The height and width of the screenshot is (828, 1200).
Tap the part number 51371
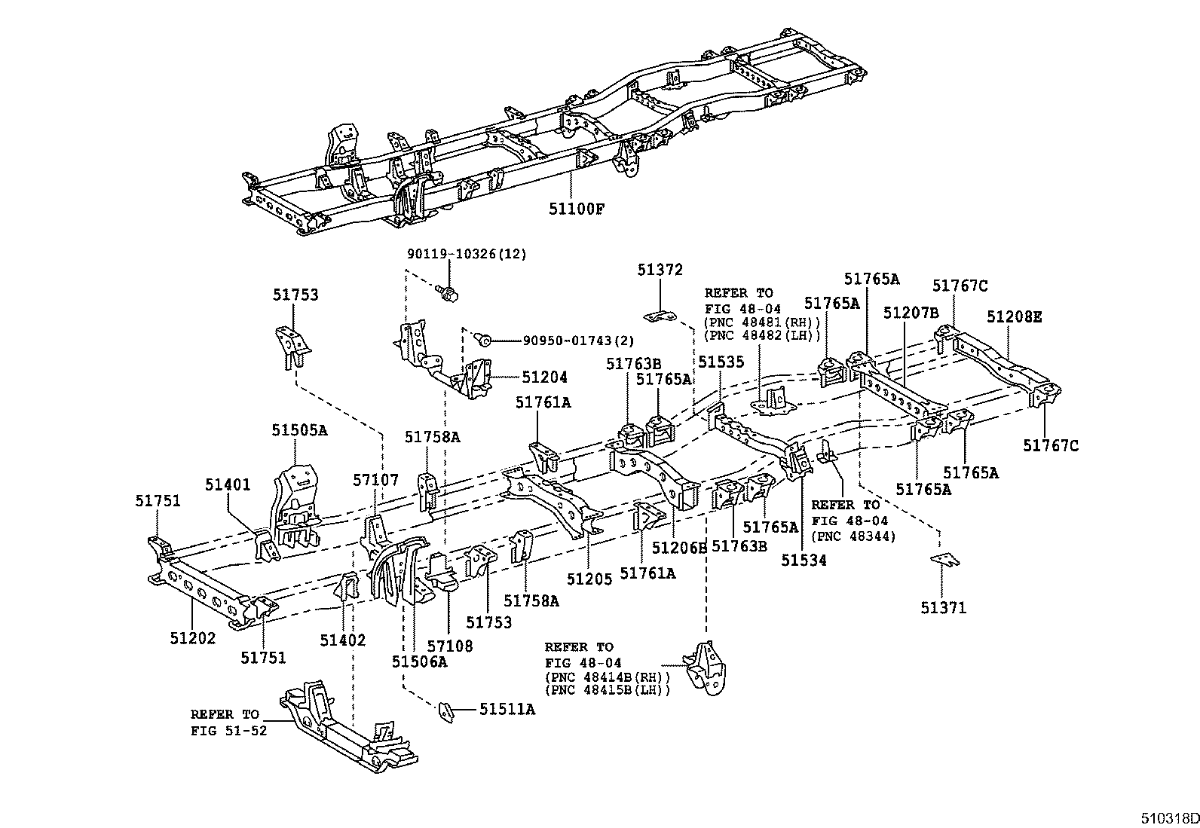(942, 607)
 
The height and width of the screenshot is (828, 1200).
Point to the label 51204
(544, 377)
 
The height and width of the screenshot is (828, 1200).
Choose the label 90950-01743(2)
(576, 341)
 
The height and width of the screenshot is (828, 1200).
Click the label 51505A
(299, 430)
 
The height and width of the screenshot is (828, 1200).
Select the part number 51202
(192, 639)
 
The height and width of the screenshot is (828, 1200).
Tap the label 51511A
(507, 709)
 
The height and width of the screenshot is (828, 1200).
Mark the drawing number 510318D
(1168, 817)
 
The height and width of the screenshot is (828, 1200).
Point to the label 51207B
(911, 313)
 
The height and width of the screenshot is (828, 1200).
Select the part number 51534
(804, 561)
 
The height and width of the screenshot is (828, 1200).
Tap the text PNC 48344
(853, 536)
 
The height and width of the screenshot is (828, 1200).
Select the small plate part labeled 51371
(944, 560)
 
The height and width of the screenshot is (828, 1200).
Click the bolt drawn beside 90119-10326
(448, 292)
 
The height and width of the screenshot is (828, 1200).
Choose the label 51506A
(419, 661)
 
